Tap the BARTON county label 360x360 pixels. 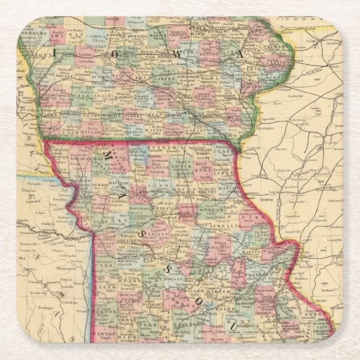(x=109, y=334)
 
